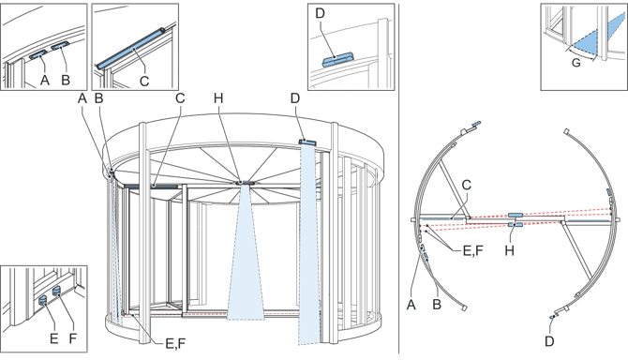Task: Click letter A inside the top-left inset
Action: pyautogui.click(x=43, y=80)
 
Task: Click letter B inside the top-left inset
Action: pyautogui.click(x=66, y=80)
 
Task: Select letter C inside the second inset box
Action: pyautogui.click(x=144, y=80)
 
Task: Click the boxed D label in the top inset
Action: pyautogui.click(x=320, y=13)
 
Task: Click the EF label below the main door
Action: pyautogui.click(x=170, y=344)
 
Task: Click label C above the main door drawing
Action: pyautogui.click(x=180, y=97)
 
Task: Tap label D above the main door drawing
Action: pyautogui.click(x=295, y=97)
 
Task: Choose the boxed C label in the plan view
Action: pyautogui.click(x=465, y=186)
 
